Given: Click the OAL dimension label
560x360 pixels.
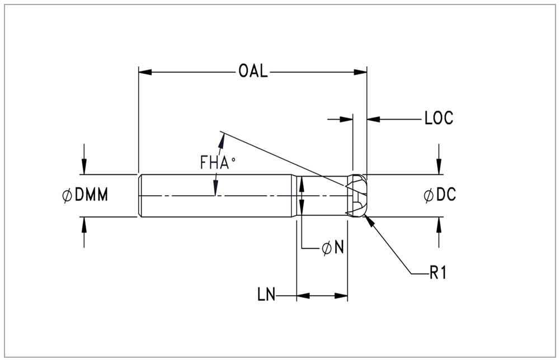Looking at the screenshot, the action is [x=253, y=72].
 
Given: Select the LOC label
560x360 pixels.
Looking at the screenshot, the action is [x=439, y=118].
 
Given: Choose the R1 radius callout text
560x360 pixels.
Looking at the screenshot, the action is [x=437, y=273].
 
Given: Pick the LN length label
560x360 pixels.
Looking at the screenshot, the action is [x=266, y=295].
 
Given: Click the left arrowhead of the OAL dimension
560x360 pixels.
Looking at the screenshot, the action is [x=145, y=72].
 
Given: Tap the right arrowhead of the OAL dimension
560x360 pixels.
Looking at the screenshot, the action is [x=360, y=72].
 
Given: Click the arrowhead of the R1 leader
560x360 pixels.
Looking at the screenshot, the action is [x=369, y=221].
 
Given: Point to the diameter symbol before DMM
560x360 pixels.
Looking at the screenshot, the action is [x=67, y=196].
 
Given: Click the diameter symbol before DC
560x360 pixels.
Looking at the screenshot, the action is [x=429, y=195].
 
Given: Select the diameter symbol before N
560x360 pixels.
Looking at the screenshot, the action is [x=326, y=248].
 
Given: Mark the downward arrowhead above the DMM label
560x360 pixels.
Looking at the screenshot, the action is [x=84, y=168].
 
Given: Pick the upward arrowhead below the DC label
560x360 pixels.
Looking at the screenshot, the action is [x=439, y=224].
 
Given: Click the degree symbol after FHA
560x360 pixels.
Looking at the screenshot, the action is [x=233, y=160].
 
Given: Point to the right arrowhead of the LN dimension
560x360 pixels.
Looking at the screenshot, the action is [x=341, y=296].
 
